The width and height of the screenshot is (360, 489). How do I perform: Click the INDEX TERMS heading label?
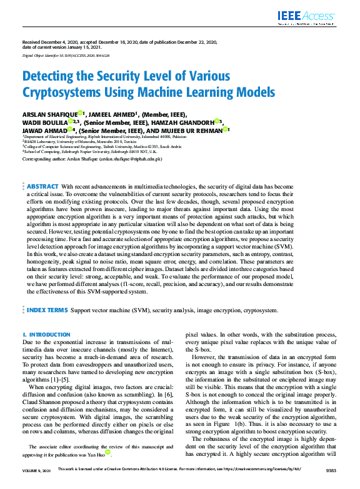(47, 309)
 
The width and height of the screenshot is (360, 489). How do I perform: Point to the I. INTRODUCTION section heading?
(46, 335)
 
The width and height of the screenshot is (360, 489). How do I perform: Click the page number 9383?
(329, 485)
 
